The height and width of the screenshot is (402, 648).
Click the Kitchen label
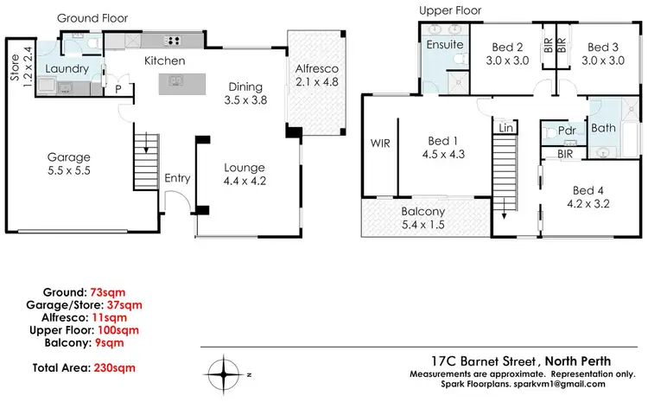(165, 61)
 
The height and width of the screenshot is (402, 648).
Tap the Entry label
(177, 178)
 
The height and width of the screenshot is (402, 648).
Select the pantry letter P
(118, 87)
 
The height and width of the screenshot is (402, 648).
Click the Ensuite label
(445, 44)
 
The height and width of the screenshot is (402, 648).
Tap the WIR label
(381, 144)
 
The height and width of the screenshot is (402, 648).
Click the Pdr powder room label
(567, 130)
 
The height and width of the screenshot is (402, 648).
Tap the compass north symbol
(227, 374)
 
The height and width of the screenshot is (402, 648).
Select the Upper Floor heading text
(450, 10)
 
